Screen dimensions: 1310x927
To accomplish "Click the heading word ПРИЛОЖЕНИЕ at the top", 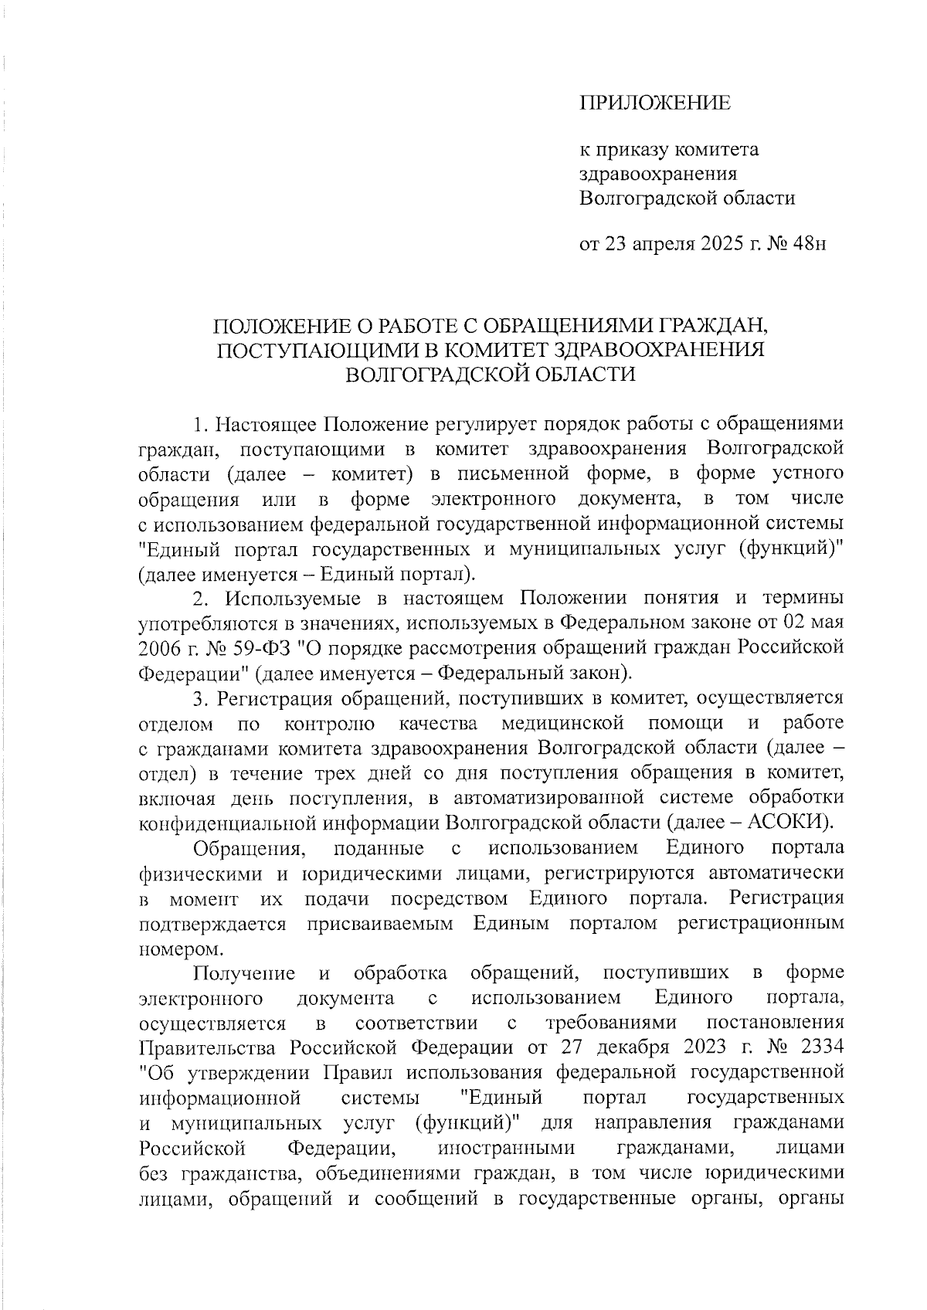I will (x=655, y=104).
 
